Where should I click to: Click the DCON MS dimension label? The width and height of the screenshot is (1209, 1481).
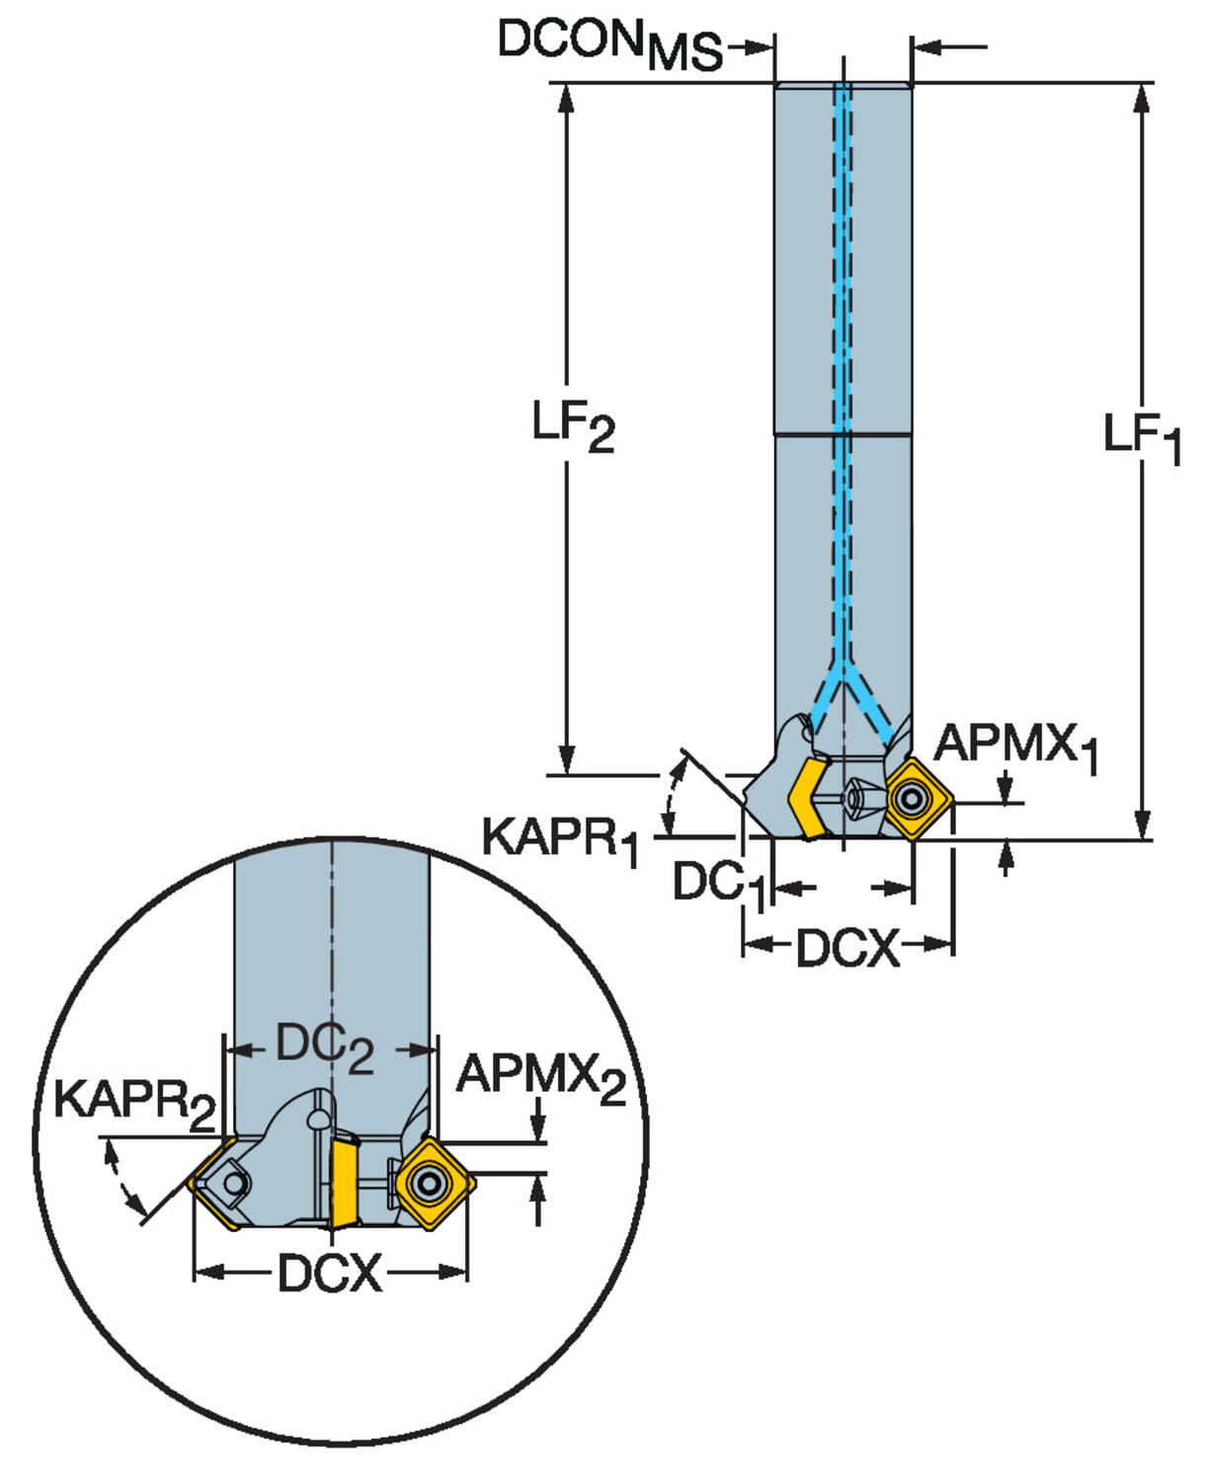pyautogui.click(x=609, y=44)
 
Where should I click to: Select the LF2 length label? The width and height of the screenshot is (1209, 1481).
pyautogui.click(x=573, y=427)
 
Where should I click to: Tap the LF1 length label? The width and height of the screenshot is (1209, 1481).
pyautogui.click(x=1142, y=436)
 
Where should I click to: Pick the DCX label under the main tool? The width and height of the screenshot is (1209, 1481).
pyautogui.click(x=847, y=949)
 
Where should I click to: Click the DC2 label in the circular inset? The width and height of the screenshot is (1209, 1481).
pyautogui.click(x=325, y=1047)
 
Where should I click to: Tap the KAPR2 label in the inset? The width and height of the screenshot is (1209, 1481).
pyautogui.click(x=134, y=1103)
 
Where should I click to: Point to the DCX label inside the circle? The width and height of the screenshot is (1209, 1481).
pyautogui.click(x=329, y=1274)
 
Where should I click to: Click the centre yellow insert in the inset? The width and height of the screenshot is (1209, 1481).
pyautogui.click(x=344, y=1182)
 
